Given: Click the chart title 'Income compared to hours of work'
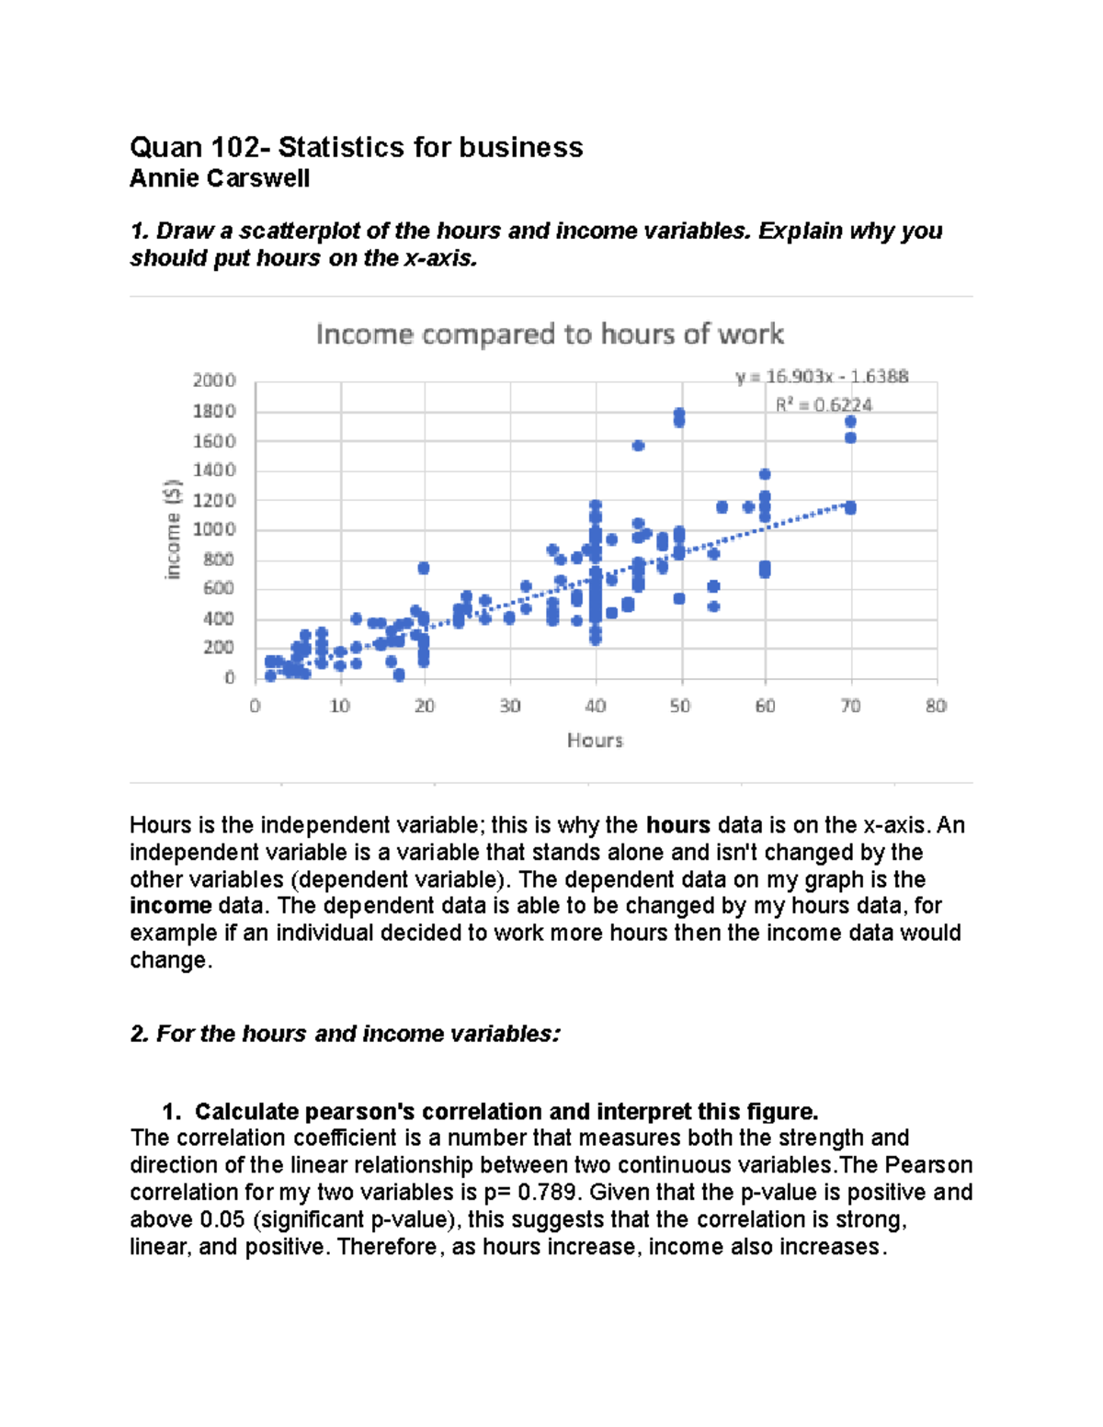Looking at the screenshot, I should click(550, 334).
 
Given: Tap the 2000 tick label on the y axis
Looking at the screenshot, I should click(214, 380).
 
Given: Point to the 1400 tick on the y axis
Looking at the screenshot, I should click(214, 470).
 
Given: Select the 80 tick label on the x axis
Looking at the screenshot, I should click(936, 706).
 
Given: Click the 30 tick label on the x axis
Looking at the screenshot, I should click(509, 706).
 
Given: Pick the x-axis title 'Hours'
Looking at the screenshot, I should click(595, 740).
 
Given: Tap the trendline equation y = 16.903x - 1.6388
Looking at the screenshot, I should click(822, 376).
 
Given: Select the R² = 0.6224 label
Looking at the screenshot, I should click(824, 404).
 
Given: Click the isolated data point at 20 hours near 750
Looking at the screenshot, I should click(424, 568).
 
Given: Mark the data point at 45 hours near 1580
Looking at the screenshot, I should click(638, 446).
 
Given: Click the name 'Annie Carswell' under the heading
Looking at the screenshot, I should click(220, 178).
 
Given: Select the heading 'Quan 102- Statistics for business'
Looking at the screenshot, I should click(356, 147).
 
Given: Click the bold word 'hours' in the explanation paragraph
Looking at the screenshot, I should click(677, 825).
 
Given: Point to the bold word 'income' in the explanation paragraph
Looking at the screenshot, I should click(171, 906).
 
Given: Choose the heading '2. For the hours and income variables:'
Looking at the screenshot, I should click(345, 1034).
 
